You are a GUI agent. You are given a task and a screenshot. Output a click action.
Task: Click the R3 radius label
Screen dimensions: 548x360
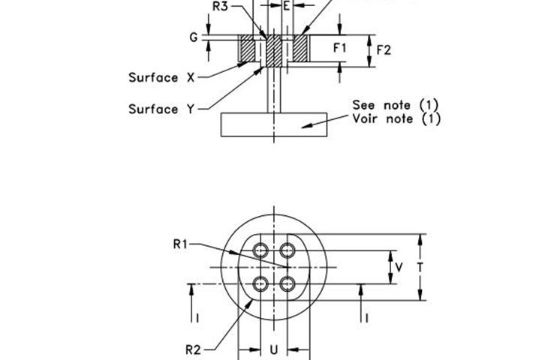tap(220, 6)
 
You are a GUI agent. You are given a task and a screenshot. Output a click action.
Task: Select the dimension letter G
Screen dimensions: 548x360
tap(194, 37)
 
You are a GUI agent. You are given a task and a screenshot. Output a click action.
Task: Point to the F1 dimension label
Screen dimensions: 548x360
tap(340, 48)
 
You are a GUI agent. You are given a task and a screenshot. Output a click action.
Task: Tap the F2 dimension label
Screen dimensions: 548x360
tap(384, 50)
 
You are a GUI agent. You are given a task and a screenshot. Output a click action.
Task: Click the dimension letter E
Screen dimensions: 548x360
tap(287, 6)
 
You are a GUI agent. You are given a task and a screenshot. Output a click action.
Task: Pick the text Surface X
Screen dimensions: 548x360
tap(161, 77)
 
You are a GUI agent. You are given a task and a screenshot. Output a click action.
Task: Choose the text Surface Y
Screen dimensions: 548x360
tap(161, 109)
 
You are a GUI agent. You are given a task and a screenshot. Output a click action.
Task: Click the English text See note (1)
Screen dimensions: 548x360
tap(396, 104)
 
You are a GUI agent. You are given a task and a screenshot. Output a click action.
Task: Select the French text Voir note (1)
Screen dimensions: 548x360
tap(396, 118)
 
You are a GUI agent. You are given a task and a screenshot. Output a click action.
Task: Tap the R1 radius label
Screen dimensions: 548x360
tap(180, 244)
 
